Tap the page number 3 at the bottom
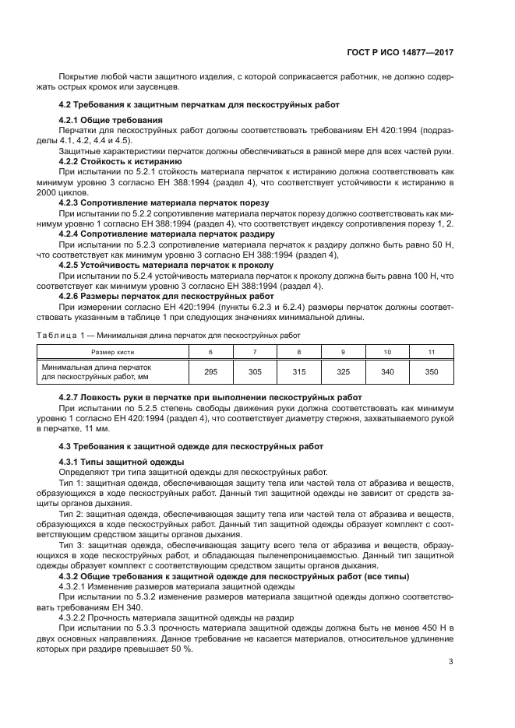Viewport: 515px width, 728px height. click(451, 663)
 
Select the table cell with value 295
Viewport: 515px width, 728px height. click(210, 372)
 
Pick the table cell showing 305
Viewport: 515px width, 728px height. click(255, 372)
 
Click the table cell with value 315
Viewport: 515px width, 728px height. click(299, 372)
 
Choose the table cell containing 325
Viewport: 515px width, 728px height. click(344, 372)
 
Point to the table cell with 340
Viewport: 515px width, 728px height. click(387, 372)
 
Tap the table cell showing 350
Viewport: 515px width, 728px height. click(432, 372)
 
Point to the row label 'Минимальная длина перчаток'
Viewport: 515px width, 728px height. click(97, 368)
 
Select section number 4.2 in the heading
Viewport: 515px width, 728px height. click(65, 104)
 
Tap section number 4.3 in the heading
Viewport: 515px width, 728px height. click(65, 446)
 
